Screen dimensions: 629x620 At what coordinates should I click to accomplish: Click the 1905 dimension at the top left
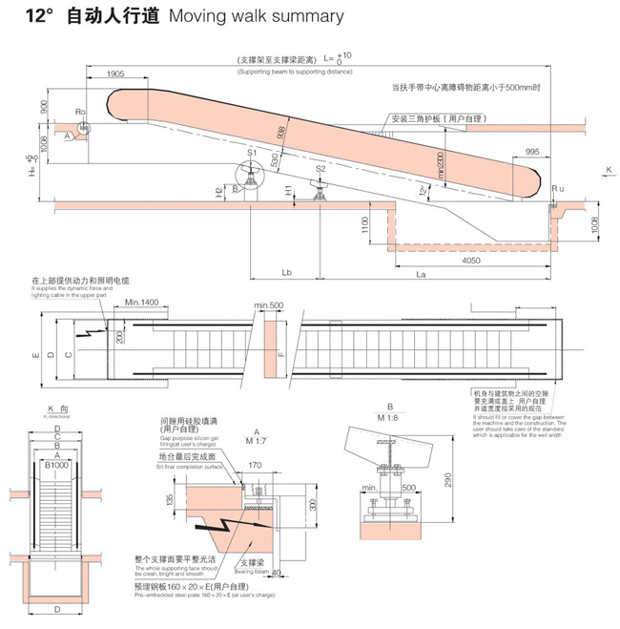(x=114, y=73)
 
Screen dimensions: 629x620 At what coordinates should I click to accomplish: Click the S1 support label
(x=252, y=153)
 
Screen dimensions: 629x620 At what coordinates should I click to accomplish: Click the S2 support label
(x=320, y=169)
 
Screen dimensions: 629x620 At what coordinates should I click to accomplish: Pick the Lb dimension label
(x=287, y=273)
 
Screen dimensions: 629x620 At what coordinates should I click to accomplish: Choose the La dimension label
(x=421, y=273)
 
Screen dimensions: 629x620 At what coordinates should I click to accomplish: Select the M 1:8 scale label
(x=390, y=416)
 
